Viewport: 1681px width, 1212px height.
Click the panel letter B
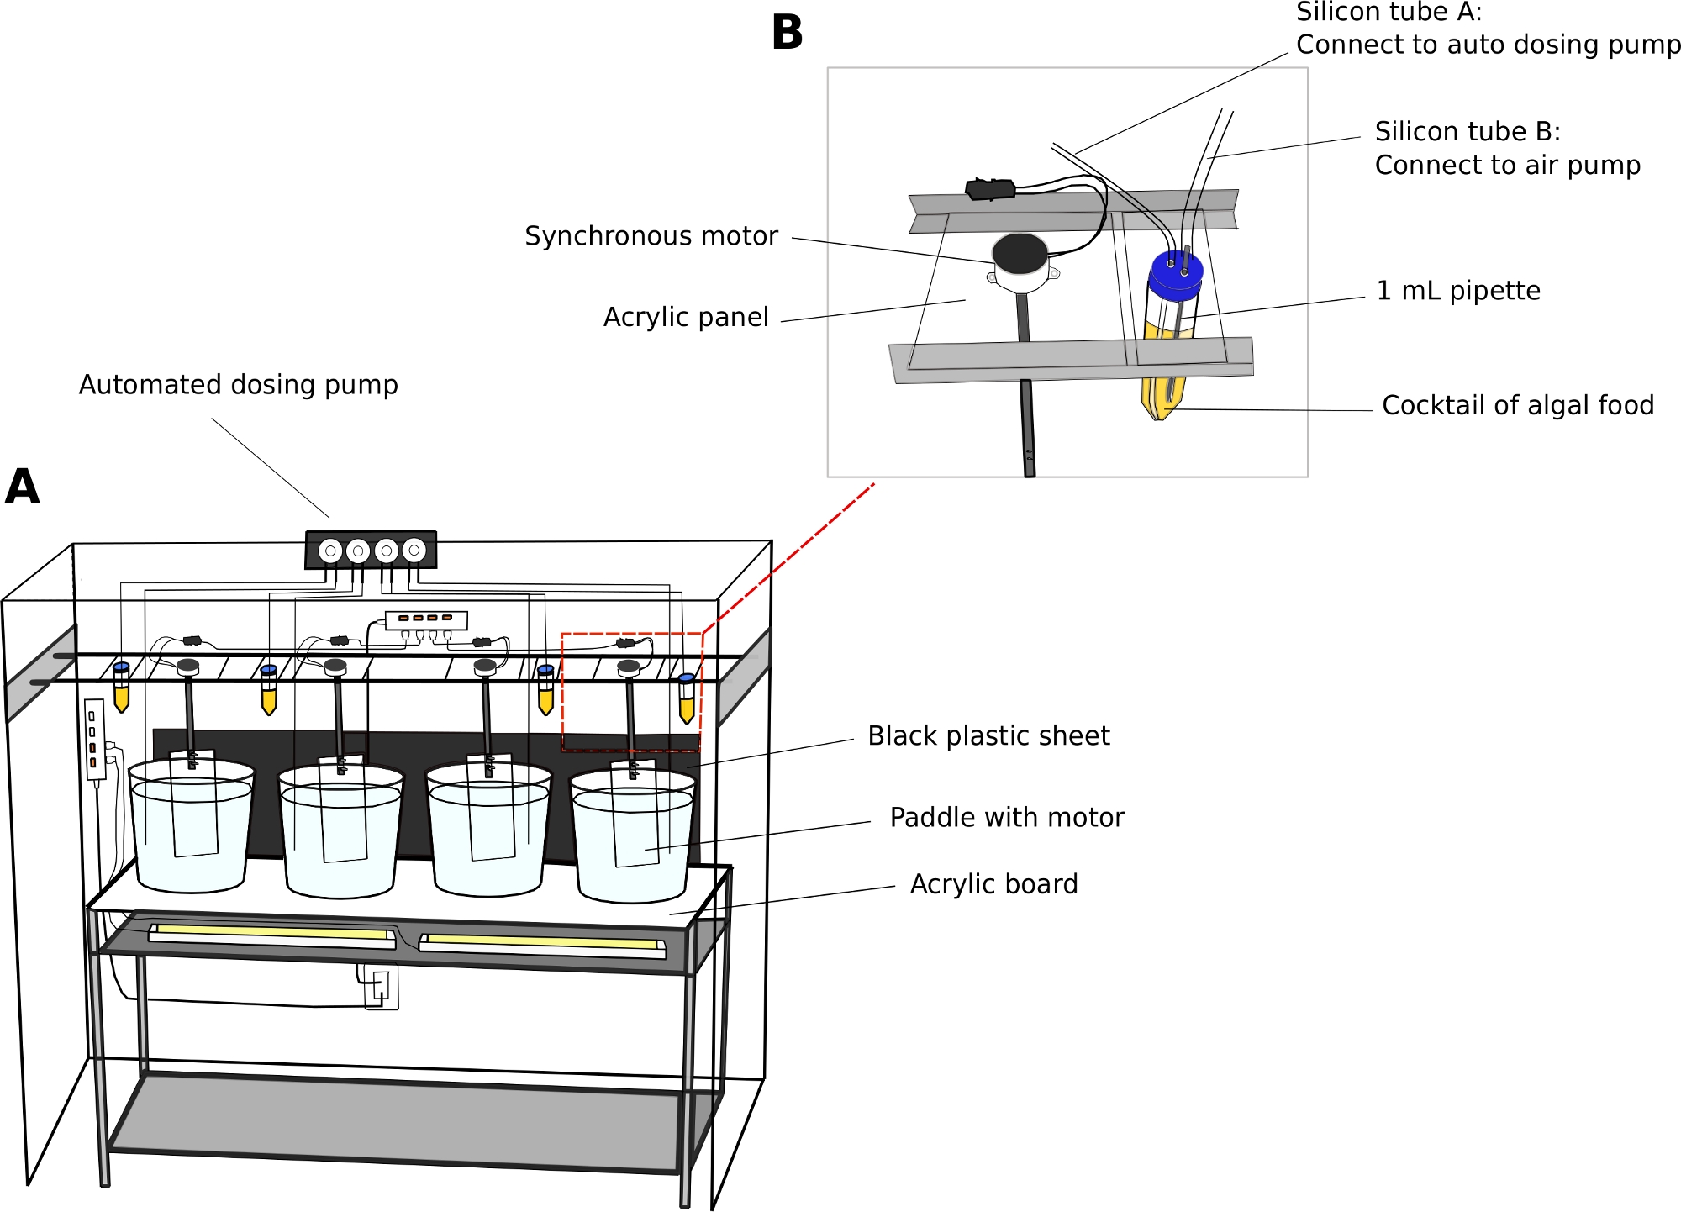(x=787, y=34)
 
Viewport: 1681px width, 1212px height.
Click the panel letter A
(x=23, y=487)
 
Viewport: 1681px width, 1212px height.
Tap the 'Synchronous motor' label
(x=651, y=236)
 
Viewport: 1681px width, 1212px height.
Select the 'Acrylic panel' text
(x=686, y=317)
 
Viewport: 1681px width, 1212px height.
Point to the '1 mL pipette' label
(x=1458, y=291)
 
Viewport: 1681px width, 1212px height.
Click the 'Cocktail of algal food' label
(x=1518, y=405)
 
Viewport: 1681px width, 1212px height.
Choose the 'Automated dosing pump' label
(x=238, y=385)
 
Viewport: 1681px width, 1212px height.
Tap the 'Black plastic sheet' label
(x=988, y=736)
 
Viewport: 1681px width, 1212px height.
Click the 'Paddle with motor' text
(x=1007, y=818)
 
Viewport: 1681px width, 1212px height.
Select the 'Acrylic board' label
(x=993, y=884)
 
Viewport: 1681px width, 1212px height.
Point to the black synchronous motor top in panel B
(x=1020, y=253)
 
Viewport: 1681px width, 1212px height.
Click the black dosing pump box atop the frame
(x=371, y=551)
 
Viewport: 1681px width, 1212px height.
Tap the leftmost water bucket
(x=192, y=832)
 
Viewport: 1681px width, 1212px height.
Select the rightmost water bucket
(x=633, y=840)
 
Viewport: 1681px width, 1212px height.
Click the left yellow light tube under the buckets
(x=271, y=932)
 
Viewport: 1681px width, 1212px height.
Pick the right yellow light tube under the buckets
(x=542, y=942)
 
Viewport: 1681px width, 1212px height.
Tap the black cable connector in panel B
(x=990, y=189)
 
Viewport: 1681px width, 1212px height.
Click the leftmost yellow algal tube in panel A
(x=121, y=689)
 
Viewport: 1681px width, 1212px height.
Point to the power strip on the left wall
(x=93, y=739)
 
